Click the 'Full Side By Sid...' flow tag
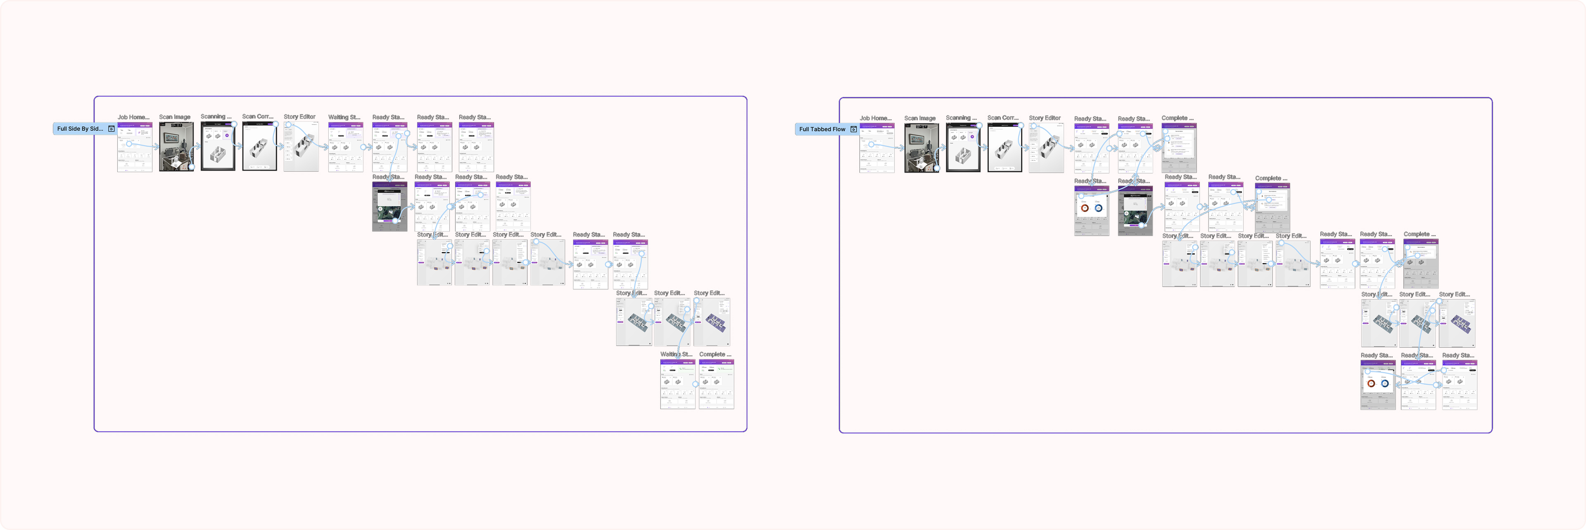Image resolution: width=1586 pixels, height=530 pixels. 80,129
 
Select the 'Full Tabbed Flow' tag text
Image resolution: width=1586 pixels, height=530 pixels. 822,129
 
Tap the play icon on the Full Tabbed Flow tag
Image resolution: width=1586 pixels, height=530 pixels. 853,129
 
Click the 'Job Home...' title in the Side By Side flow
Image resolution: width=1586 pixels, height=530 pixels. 133,117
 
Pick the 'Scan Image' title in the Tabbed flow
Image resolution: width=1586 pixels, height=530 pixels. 920,118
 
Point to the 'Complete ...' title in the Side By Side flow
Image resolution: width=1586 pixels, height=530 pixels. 715,355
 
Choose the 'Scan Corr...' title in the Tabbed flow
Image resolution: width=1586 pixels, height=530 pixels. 1003,118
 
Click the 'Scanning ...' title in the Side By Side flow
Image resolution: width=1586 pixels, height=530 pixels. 216,116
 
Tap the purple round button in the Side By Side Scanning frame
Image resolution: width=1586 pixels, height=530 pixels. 227,135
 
